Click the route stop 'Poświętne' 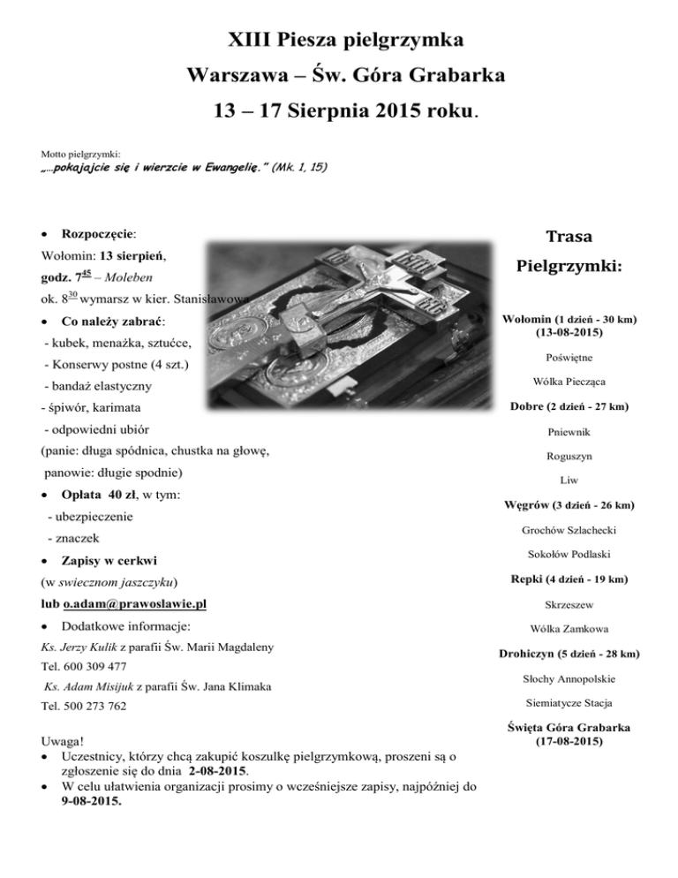568,357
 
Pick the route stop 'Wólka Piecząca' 568,382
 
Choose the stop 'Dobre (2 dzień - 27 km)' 568,406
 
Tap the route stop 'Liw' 568,481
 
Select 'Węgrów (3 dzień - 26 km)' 568,505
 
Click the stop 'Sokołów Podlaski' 568,555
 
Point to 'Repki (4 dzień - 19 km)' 568,579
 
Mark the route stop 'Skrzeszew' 568,605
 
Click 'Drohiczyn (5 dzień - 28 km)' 568,655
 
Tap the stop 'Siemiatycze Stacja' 568,703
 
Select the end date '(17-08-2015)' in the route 568,742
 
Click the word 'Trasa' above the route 568,237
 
